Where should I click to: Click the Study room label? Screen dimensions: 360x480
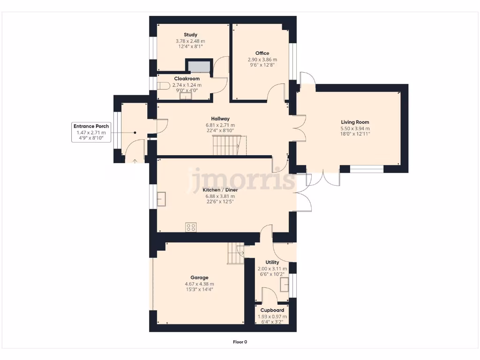pyautogui.click(x=190, y=35)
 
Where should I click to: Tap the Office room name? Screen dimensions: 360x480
pyautogui.click(x=262, y=53)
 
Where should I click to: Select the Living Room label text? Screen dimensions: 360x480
pyautogui.click(x=355, y=122)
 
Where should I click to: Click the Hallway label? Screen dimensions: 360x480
pyautogui.click(x=220, y=119)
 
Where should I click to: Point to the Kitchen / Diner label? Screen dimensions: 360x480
pyautogui.click(x=220, y=190)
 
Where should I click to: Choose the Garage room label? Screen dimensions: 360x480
pyautogui.click(x=199, y=277)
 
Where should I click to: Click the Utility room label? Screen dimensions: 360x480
pyautogui.click(x=272, y=262)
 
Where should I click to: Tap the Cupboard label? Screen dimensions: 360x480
pyautogui.click(x=272, y=310)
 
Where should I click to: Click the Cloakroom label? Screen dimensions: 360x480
pyautogui.click(x=187, y=78)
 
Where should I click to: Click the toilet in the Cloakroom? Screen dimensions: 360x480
pyautogui.click(x=163, y=86)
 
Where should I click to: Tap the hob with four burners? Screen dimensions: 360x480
pyautogui.click(x=191, y=227)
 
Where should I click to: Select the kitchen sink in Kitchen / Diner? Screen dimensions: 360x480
pyautogui.click(x=163, y=199)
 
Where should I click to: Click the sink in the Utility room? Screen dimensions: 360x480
pyautogui.click(x=284, y=285)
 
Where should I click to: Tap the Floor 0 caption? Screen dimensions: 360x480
pyautogui.click(x=240, y=342)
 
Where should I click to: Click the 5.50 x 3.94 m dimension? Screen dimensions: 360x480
pyautogui.click(x=355, y=128)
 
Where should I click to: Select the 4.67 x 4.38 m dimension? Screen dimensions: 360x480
pyautogui.click(x=199, y=284)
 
